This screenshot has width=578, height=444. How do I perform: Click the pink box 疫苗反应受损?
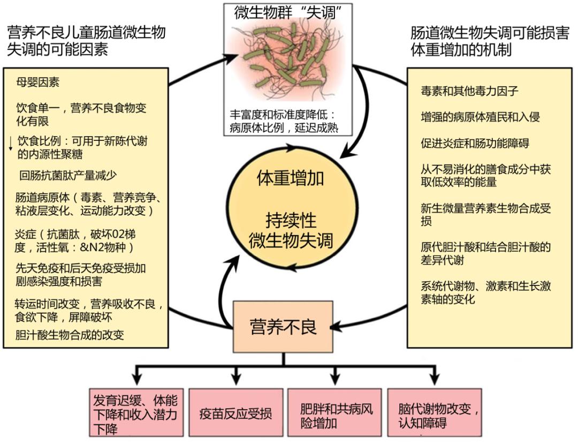(235, 413)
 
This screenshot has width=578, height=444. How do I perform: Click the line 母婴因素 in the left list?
(38, 83)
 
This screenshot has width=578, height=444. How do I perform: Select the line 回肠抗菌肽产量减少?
(68, 175)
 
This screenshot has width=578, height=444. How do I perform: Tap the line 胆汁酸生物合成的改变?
(70, 335)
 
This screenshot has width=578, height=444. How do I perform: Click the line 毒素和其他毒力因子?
(469, 91)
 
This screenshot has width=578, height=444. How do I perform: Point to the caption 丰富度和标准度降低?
(282, 115)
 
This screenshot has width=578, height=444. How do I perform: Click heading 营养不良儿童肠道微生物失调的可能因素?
(86, 41)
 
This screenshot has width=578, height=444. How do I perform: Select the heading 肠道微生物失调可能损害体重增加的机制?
(489, 41)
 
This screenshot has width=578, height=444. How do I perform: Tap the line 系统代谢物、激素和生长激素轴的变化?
(485, 292)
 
